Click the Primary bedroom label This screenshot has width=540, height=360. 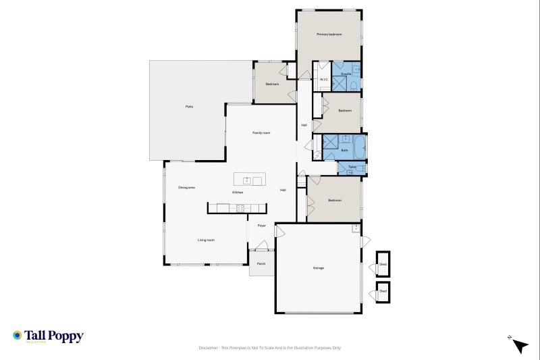329,34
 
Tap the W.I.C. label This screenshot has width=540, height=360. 323,79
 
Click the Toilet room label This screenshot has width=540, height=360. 352,167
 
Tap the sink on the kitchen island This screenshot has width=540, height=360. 246,180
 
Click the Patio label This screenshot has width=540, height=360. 190,107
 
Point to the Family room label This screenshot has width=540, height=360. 261,132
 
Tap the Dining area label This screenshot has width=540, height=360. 186,187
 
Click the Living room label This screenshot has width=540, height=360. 206,240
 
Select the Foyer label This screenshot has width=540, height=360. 261,226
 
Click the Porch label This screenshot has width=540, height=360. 261,263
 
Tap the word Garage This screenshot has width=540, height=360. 318,268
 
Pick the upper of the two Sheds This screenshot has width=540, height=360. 383,264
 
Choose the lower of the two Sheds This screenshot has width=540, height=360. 383,291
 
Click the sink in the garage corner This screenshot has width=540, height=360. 355,228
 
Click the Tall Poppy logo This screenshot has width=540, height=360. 47,336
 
